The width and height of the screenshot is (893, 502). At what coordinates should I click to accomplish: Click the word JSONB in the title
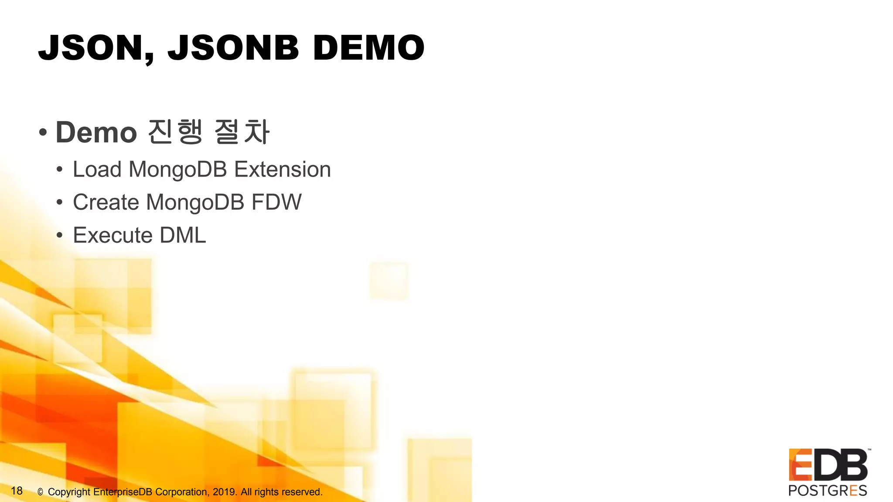pyautogui.click(x=233, y=48)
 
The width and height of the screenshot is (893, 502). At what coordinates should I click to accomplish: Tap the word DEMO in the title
pyautogui.click(x=368, y=48)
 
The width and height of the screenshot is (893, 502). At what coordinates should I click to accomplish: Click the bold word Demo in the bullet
pyautogui.click(x=96, y=132)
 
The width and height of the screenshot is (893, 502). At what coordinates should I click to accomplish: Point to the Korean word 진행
pyautogui.click(x=176, y=132)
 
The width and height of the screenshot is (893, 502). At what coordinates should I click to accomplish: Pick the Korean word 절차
pyautogui.click(x=242, y=132)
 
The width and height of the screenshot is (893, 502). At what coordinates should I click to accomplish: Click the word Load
pyautogui.click(x=97, y=169)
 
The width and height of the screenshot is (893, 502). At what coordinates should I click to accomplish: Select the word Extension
pyautogui.click(x=283, y=169)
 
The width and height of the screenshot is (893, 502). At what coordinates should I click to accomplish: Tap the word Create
pyautogui.click(x=106, y=202)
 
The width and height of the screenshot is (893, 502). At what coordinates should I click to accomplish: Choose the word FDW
pyautogui.click(x=276, y=202)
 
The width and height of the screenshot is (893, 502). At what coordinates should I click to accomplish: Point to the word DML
pyautogui.click(x=183, y=235)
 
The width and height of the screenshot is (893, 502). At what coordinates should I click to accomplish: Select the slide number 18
pyautogui.click(x=17, y=491)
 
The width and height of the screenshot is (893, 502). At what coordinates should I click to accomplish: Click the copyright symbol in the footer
pyautogui.click(x=40, y=492)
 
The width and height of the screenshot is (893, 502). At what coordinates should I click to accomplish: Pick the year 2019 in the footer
pyautogui.click(x=224, y=492)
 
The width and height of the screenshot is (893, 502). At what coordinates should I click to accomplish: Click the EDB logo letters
pyautogui.click(x=828, y=465)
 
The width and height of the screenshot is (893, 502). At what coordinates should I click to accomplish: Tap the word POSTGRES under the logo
pyautogui.click(x=828, y=491)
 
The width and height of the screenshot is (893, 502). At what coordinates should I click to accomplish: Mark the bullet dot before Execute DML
pyautogui.click(x=60, y=235)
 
